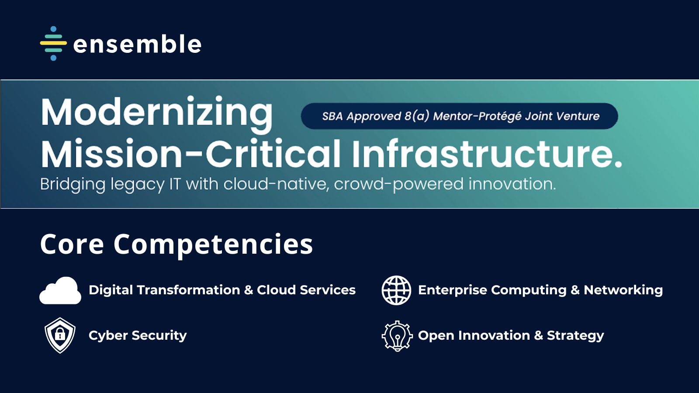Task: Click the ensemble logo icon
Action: pyautogui.click(x=53, y=43)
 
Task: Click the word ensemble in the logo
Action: pyautogui.click(x=137, y=44)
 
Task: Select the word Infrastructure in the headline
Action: pyautogui.click(x=487, y=154)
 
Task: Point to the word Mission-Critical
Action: pyautogui.click(x=190, y=154)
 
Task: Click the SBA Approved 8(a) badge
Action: pyautogui.click(x=459, y=116)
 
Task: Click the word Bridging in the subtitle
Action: pyautogui.click(x=73, y=185)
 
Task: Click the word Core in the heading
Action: pyautogui.click(x=72, y=244)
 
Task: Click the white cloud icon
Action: pyautogui.click(x=60, y=290)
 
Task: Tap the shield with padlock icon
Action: pyautogui.click(x=60, y=335)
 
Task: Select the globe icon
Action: pyautogui.click(x=396, y=290)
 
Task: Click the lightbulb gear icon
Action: pyautogui.click(x=397, y=336)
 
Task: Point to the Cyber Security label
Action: pyautogui.click(x=138, y=336)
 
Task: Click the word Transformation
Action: pyautogui.click(x=188, y=290)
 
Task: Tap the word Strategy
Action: pyautogui.click(x=575, y=336)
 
